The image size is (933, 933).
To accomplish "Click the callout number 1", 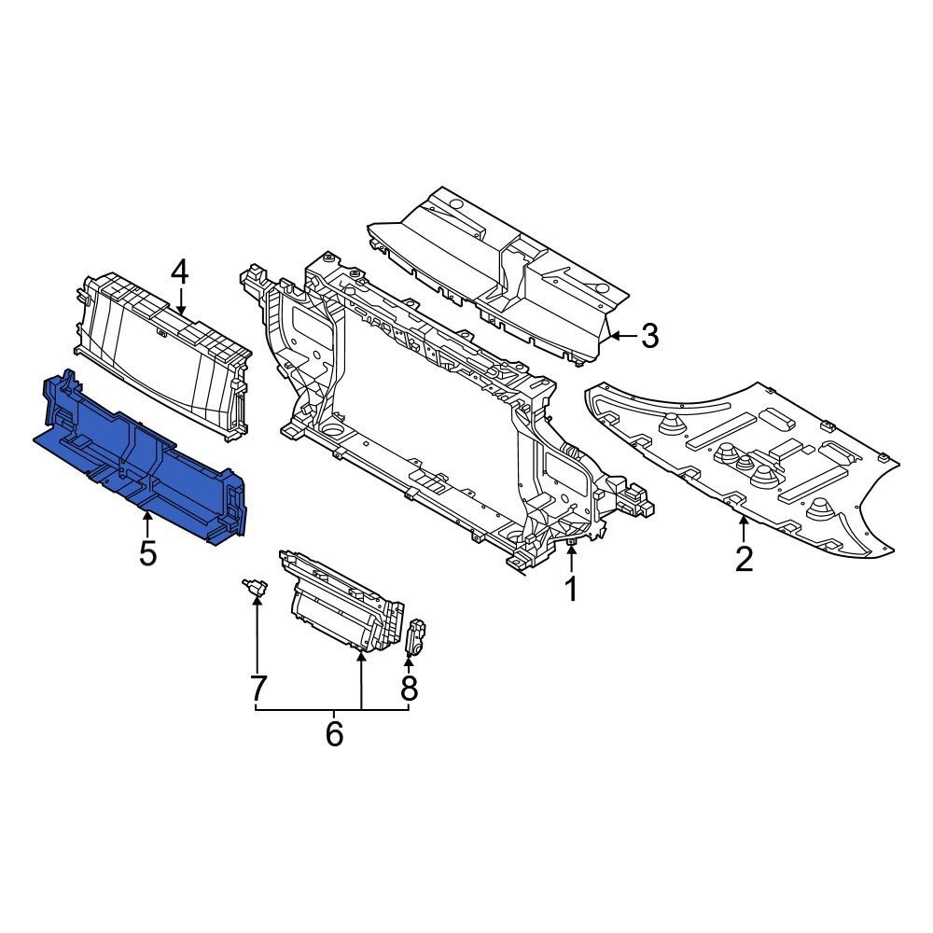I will pos(568,589).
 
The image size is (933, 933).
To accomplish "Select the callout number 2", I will pos(744,559).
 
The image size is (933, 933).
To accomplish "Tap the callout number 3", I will pos(649,336).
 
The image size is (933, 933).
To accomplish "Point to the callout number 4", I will pos(179,272).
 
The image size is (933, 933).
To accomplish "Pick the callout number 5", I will pos(147,553).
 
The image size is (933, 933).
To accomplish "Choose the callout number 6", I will pos(334,734).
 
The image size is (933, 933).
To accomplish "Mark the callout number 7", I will pos(257,689).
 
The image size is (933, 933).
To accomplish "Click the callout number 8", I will pos(409,689).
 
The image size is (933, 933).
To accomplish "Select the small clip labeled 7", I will pos(254,587).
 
